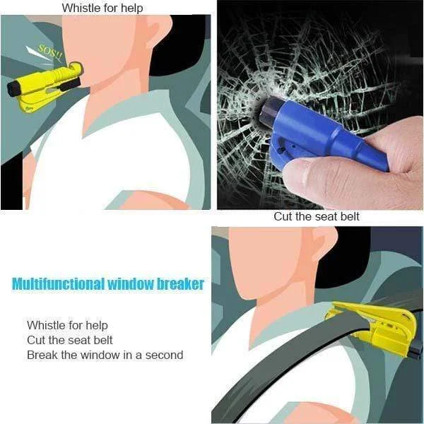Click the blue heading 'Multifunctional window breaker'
pyautogui.click(x=108, y=284)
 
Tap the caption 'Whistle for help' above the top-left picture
pyautogui.click(x=102, y=8)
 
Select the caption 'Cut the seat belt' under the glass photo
pyautogui.click(x=317, y=216)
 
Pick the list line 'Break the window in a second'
pyautogui.click(x=105, y=355)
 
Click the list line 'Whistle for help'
pyautogui.click(x=68, y=325)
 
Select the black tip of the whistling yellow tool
pyautogui.click(x=12, y=90)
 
